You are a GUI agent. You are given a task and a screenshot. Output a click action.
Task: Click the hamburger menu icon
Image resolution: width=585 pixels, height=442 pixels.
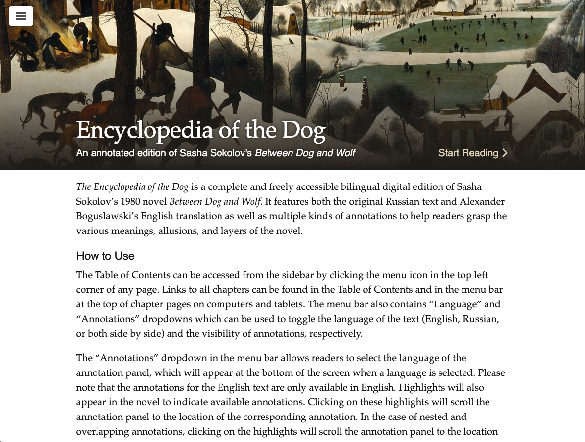21,16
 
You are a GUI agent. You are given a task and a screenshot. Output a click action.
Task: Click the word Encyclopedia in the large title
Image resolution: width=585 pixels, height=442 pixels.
144,130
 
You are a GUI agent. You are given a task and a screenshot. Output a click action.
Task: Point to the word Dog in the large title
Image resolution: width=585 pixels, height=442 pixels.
304,130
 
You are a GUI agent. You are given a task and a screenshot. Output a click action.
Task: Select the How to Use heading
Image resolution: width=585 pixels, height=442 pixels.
105,256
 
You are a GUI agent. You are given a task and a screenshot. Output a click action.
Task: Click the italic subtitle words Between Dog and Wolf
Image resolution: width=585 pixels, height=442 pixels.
305,153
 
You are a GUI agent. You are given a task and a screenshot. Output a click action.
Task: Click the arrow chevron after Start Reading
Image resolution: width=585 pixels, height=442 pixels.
505,153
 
